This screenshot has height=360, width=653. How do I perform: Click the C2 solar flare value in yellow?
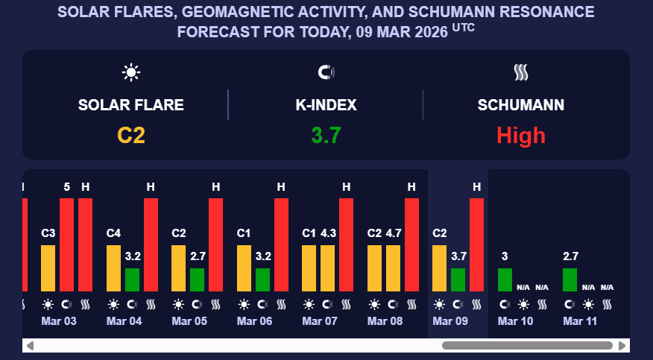click(x=131, y=135)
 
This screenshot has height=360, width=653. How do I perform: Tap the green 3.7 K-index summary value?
click(x=326, y=135)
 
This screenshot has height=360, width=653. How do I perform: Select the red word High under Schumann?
click(x=521, y=135)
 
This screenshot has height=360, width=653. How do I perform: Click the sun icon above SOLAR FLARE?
click(x=131, y=72)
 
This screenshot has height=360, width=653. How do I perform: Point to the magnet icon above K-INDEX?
click(x=326, y=72)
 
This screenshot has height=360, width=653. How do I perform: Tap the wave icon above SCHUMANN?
click(x=521, y=72)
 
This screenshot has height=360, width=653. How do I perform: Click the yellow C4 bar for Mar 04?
click(x=113, y=268)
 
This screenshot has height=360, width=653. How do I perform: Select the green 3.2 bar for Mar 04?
click(x=132, y=280)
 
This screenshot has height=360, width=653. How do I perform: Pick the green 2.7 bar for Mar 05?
click(x=197, y=280)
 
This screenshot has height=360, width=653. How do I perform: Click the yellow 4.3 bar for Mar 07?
click(x=328, y=268)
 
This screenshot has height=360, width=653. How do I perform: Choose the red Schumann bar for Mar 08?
click(x=411, y=244)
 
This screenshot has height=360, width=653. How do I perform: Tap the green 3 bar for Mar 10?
click(x=505, y=280)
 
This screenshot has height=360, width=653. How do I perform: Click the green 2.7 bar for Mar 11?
click(x=570, y=280)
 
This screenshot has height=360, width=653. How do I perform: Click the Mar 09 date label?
click(x=449, y=320)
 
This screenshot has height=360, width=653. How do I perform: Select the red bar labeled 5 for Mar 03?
click(x=67, y=244)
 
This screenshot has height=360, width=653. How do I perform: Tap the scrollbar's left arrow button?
click(x=30, y=346)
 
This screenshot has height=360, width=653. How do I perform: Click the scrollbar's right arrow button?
click(x=622, y=346)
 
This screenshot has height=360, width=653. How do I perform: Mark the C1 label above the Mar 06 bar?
click(x=244, y=233)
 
